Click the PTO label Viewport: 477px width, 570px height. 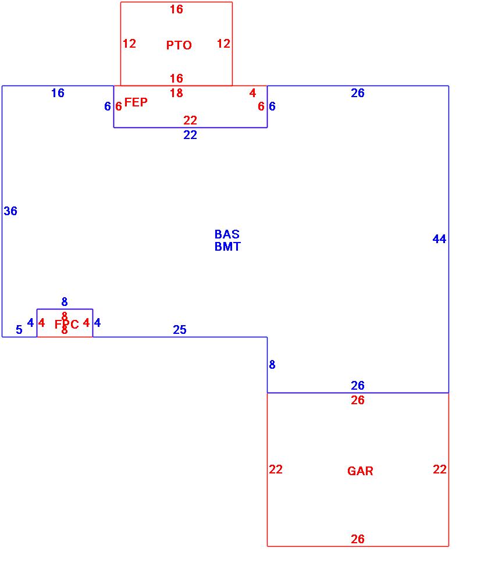(179, 45)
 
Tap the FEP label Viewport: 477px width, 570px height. (136, 102)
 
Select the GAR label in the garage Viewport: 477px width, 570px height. (360, 471)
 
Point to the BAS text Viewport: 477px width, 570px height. (227, 234)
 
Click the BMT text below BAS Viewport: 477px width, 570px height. (227, 246)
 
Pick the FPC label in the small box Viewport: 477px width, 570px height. (66, 325)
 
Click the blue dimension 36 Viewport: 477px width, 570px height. (10, 211)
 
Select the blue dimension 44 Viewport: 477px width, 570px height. (439, 238)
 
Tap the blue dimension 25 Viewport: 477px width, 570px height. (180, 330)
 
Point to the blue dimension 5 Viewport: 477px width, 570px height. (19, 330)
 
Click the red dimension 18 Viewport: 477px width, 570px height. (176, 93)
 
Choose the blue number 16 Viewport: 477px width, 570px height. (58, 93)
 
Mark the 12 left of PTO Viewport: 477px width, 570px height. (129, 44)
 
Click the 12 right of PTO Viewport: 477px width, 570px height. (223, 44)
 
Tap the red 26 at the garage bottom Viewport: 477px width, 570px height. (358, 539)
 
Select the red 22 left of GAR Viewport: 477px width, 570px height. (276, 469)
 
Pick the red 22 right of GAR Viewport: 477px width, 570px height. (440, 469)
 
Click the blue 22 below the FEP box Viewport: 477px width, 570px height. (190, 135)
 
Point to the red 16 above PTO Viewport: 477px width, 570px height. (176, 9)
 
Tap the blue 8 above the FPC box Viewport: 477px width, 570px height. (65, 302)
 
